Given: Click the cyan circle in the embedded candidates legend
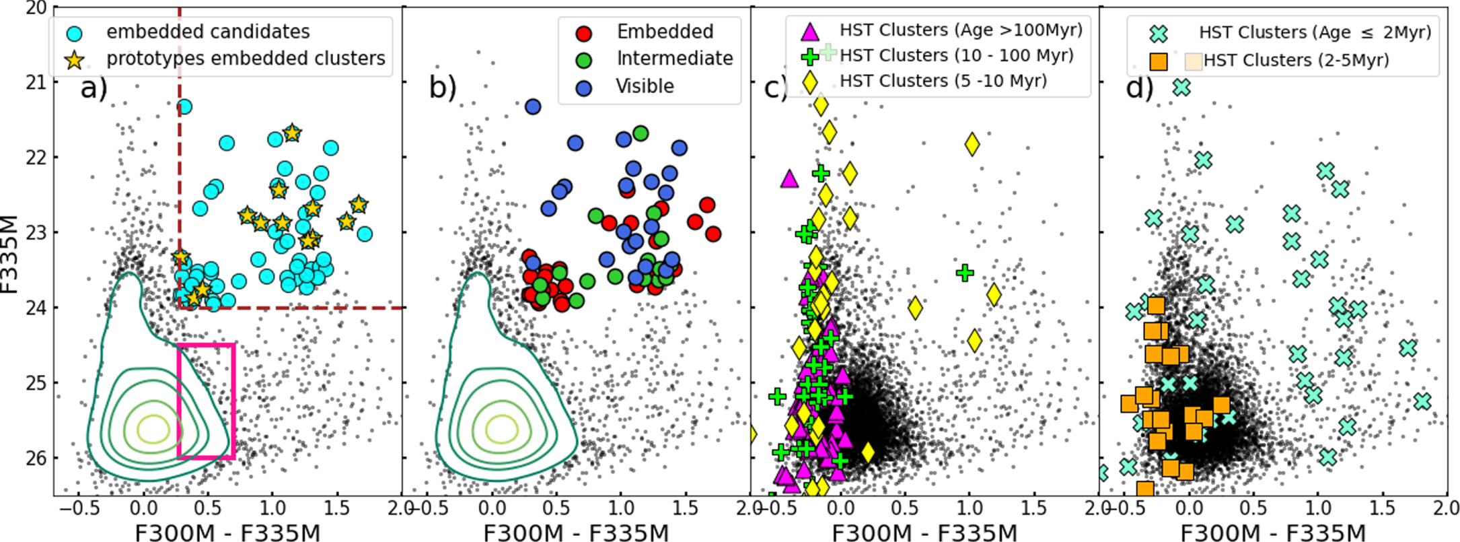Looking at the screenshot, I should click(x=75, y=32).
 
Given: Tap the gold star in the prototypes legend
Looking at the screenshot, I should click(x=74, y=60).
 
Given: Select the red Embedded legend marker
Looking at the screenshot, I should click(x=584, y=33).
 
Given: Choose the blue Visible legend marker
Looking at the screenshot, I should click(x=584, y=88).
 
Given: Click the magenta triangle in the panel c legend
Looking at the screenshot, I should click(x=810, y=31).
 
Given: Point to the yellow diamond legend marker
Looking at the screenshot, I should click(x=810, y=82).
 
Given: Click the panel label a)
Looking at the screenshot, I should click(x=94, y=88).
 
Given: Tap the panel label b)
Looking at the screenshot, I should click(x=443, y=88).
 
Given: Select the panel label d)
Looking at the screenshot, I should click(x=1140, y=88).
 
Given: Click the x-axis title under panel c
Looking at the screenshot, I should click(x=924, y=533).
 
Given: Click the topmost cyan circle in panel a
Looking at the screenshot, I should click(x=184, y=106).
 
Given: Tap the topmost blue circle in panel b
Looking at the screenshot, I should click(x=533, y=106).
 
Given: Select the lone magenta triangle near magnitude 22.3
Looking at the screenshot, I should click(x=789, y=179).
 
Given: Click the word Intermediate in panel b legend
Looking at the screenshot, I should click(x=675, y=59).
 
